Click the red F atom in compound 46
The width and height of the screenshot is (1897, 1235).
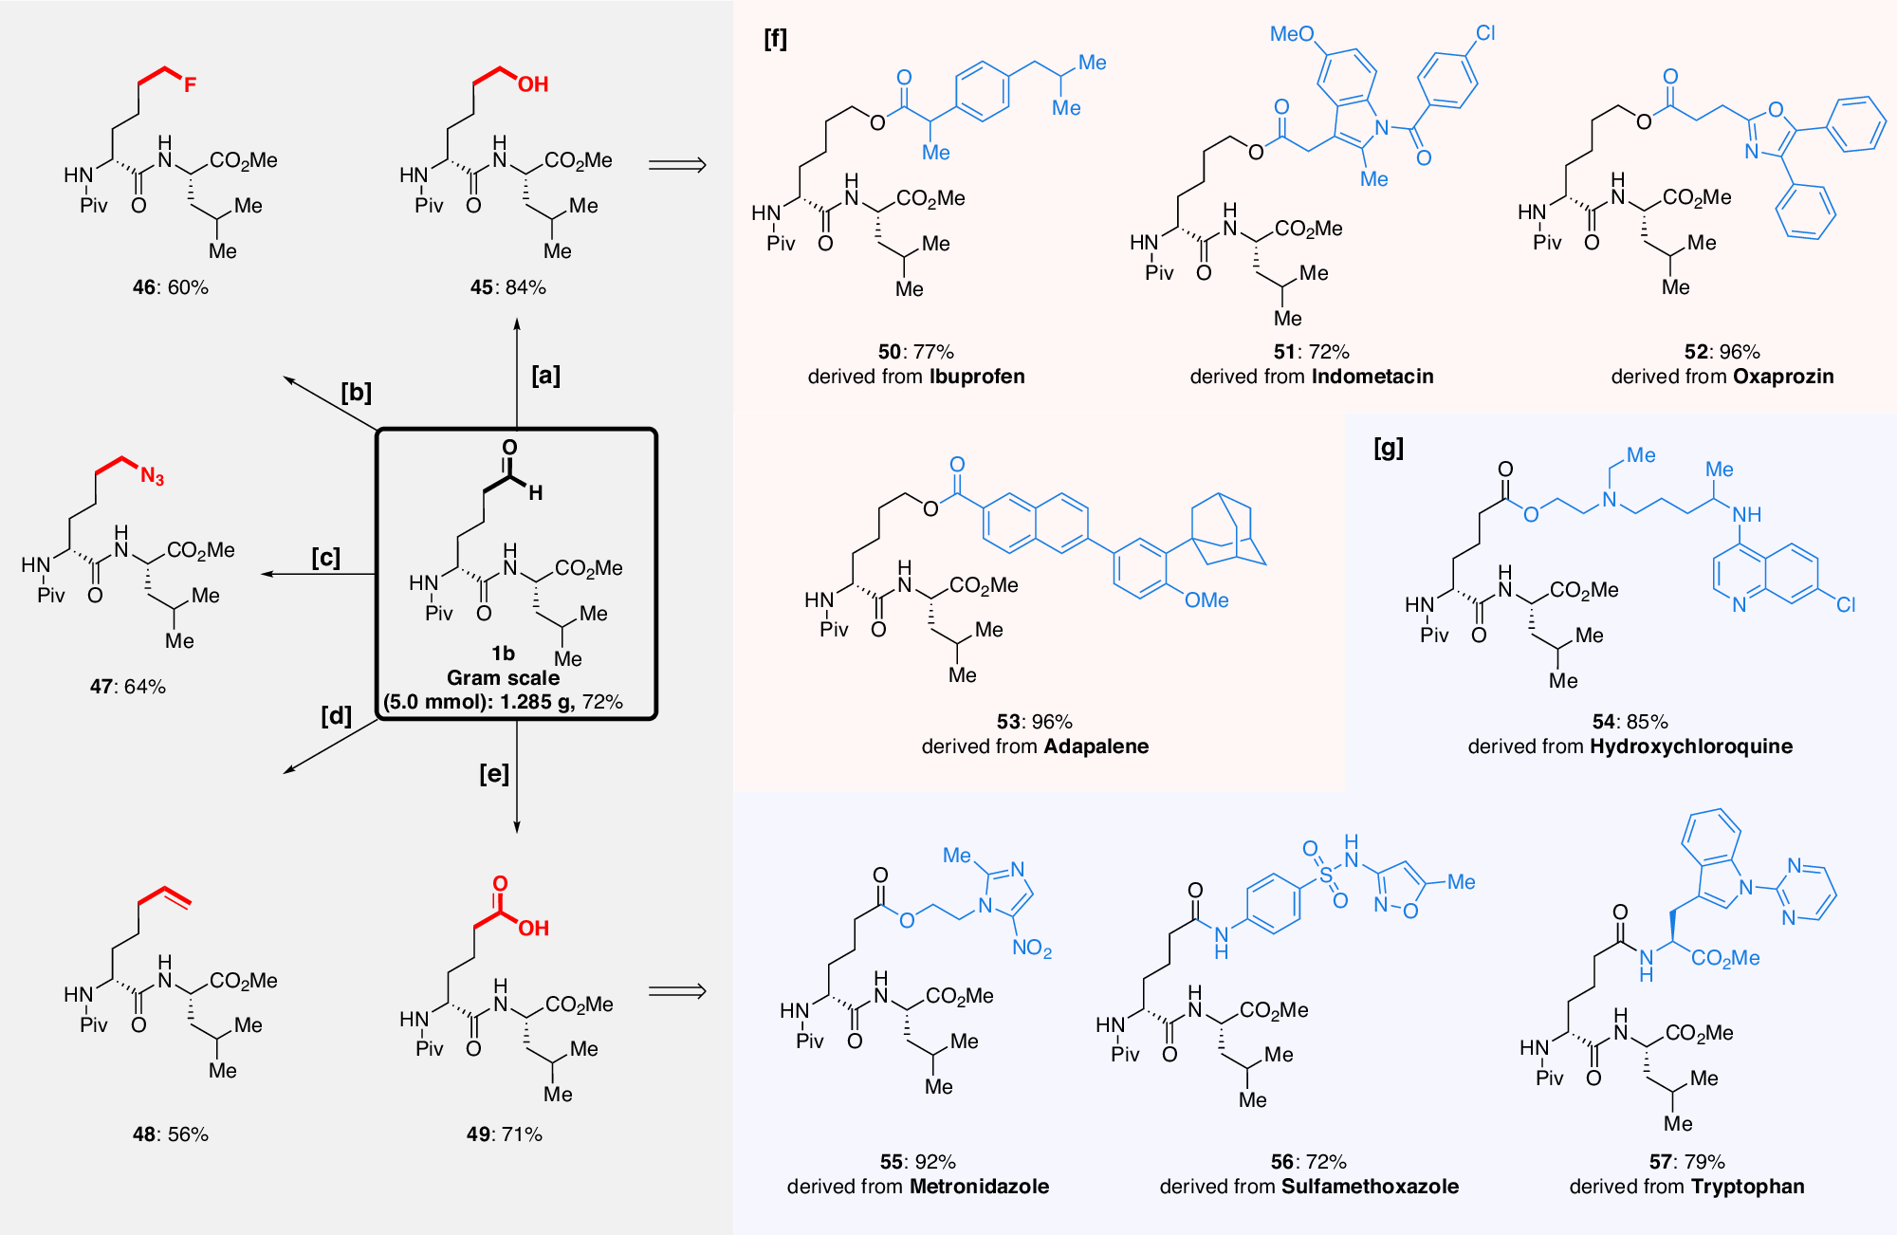coord(190,85)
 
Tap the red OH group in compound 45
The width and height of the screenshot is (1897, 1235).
coord(533,84)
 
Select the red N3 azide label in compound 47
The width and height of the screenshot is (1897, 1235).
coord(152,476)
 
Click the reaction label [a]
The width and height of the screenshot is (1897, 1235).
coord(545,376)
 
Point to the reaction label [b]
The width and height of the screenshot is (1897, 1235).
coord(356,393)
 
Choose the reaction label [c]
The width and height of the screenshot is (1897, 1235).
coord(325,558)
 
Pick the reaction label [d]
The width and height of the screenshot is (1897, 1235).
coord(336,715)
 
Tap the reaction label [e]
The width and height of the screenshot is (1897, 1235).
coord(494,774)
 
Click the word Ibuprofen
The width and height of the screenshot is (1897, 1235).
coord(977,377)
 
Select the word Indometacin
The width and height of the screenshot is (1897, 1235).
coord(1372,377)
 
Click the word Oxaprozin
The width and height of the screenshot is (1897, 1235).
coord(1782,377)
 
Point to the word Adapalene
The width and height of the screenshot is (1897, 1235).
coord(1095,747)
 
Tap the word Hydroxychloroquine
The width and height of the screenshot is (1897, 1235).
coord(1690,747)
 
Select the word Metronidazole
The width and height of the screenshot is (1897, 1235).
coord(979,1187)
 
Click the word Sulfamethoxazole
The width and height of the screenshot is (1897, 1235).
coord(1370,1187)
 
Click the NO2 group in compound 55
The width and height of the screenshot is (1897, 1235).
coord(1032,948)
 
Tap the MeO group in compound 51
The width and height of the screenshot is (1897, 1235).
coord(1291,35)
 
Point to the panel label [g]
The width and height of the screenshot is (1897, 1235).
coord(1388,448)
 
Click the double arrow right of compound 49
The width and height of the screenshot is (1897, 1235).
coord(677,991)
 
